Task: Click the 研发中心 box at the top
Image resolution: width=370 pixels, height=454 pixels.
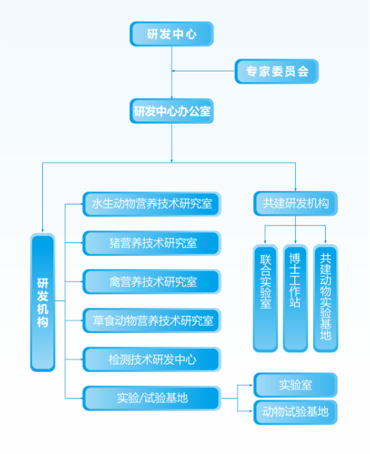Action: [171, 34]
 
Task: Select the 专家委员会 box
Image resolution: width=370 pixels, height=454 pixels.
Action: [276, 71]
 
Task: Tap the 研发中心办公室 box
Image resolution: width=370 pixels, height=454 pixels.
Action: [171, 112]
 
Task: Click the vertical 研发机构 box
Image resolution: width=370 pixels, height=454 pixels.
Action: [43, 303]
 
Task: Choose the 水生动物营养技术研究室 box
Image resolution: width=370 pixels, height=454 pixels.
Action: [151, 204]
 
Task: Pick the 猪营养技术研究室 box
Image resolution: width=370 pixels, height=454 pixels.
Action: [151, 243]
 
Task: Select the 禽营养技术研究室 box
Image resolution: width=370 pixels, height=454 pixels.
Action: [151, 281]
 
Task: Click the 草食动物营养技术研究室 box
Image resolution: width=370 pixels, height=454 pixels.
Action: [151, 320]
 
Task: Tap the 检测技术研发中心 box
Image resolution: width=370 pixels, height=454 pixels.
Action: [151, 358]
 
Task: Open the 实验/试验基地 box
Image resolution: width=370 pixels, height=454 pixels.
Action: [151, 398]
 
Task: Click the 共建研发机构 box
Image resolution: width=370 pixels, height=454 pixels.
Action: [295, 204]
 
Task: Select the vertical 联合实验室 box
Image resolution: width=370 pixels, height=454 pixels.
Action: [265, 297]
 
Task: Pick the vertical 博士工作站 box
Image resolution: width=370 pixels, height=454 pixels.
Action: [295, 297]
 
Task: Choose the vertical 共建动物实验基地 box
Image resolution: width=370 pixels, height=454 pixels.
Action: [325, 297]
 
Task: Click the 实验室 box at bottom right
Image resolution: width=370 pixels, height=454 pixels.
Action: [295, 385]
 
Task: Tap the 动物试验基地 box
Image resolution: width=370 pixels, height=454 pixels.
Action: [295, 412]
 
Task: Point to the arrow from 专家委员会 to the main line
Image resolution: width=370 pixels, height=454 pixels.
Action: [178, 71]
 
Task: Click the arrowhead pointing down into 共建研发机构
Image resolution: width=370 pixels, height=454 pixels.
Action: [295, 187]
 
